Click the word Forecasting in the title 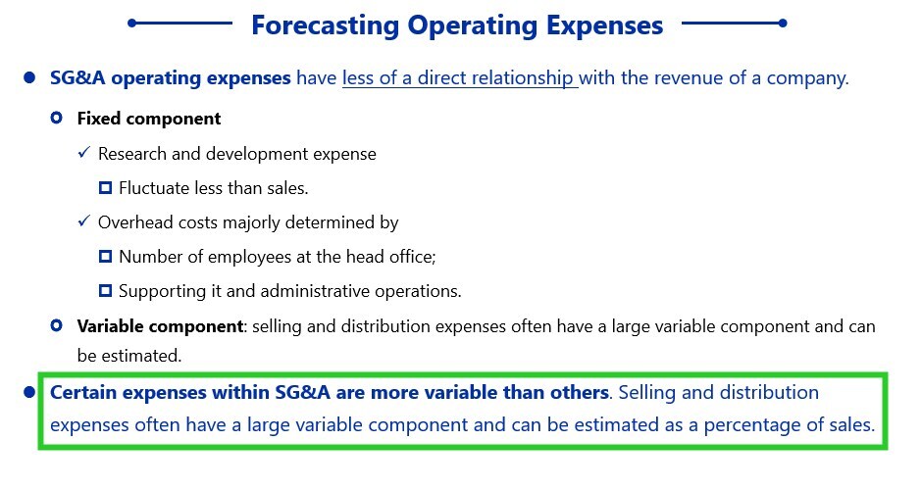click(325, 26)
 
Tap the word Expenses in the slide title click(604, 26)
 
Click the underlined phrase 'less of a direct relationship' click(458, 78)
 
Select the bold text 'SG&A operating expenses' click(171, 78)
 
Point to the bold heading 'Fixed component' click(149, 119)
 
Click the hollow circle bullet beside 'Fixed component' click(56, 118)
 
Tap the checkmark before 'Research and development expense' click(84, 153)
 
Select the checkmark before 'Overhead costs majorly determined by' click(84, 221)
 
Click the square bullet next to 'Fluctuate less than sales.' click(105, 188)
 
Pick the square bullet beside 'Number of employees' click(105, 257)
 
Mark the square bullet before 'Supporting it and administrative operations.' click(105, 290)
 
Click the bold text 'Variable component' click(160, 326)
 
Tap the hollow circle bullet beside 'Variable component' click(56, 325)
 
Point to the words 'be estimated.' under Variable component click(129, 356)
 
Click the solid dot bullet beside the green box click(29, 392)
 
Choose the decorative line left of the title click(179, 24)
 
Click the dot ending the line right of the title click(783, 24)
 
